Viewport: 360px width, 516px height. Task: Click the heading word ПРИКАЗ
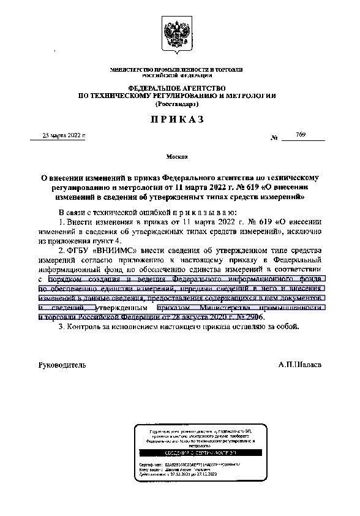[178, 121]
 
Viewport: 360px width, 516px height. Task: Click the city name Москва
[178, 157]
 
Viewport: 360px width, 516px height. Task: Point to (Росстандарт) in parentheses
[178, 104]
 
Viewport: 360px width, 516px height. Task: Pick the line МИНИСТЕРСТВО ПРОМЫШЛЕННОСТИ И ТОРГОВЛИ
[178, 71]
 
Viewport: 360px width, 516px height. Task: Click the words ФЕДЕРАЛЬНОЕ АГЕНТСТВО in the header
[178, 88]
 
